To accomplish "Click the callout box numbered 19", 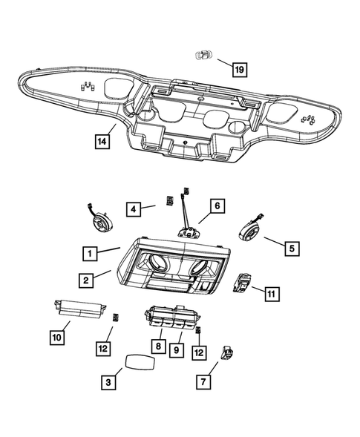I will point(238,70).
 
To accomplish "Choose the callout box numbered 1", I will point(89,254).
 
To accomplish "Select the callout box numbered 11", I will point(272,294).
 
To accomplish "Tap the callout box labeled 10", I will point(57,337).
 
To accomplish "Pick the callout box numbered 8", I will point(158,345).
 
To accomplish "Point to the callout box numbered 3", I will point(108,382).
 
